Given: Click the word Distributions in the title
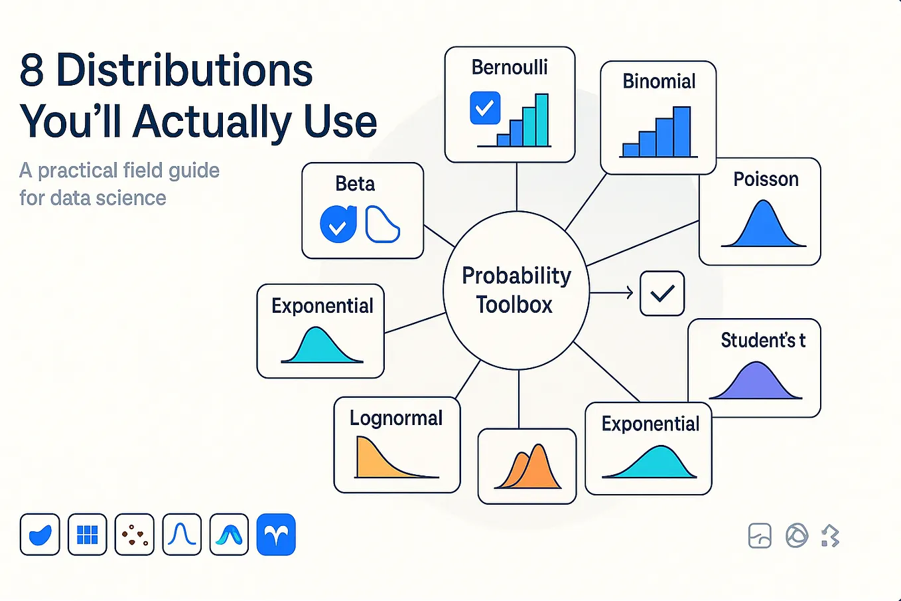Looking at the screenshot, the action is point(184,70).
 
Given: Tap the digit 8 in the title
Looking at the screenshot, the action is point(31,70).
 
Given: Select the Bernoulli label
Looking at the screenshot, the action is point(510,67).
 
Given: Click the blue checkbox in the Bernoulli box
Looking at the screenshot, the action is point(485,108).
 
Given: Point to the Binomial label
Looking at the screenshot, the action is point(659,81).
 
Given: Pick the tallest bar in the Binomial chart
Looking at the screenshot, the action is point(682,131).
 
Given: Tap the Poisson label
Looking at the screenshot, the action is point(766,179).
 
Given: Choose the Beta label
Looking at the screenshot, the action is point(355,184).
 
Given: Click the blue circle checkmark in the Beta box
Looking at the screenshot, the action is point(338,224).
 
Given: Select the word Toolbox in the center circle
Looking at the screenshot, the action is point(514,304).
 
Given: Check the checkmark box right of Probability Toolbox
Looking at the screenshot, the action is point(662,294).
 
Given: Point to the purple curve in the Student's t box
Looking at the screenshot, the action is point(756,381).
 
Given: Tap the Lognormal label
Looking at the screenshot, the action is point(396,418).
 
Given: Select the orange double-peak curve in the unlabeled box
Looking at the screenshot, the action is point(527,467).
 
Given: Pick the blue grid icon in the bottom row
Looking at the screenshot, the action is point(88,535).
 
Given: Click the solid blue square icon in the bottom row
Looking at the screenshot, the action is point(276,535).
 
